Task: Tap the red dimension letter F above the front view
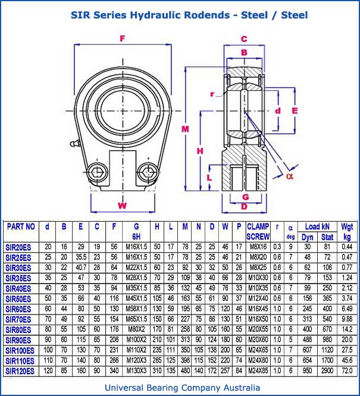(123, 39)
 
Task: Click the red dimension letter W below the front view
(123, 206)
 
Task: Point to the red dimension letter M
(186, 129)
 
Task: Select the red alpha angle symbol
(290, 175)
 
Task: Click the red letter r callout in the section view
(212, 93)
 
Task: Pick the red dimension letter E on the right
(294, 111)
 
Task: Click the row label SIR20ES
(20, 247)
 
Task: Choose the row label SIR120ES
(21, 371)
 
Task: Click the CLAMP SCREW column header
(258, 231)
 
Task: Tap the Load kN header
(317, 227)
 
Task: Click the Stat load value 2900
(327, 371)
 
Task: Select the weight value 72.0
(347, 371)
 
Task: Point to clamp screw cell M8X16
(258, 247)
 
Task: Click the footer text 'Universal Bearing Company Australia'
(180, 388)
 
